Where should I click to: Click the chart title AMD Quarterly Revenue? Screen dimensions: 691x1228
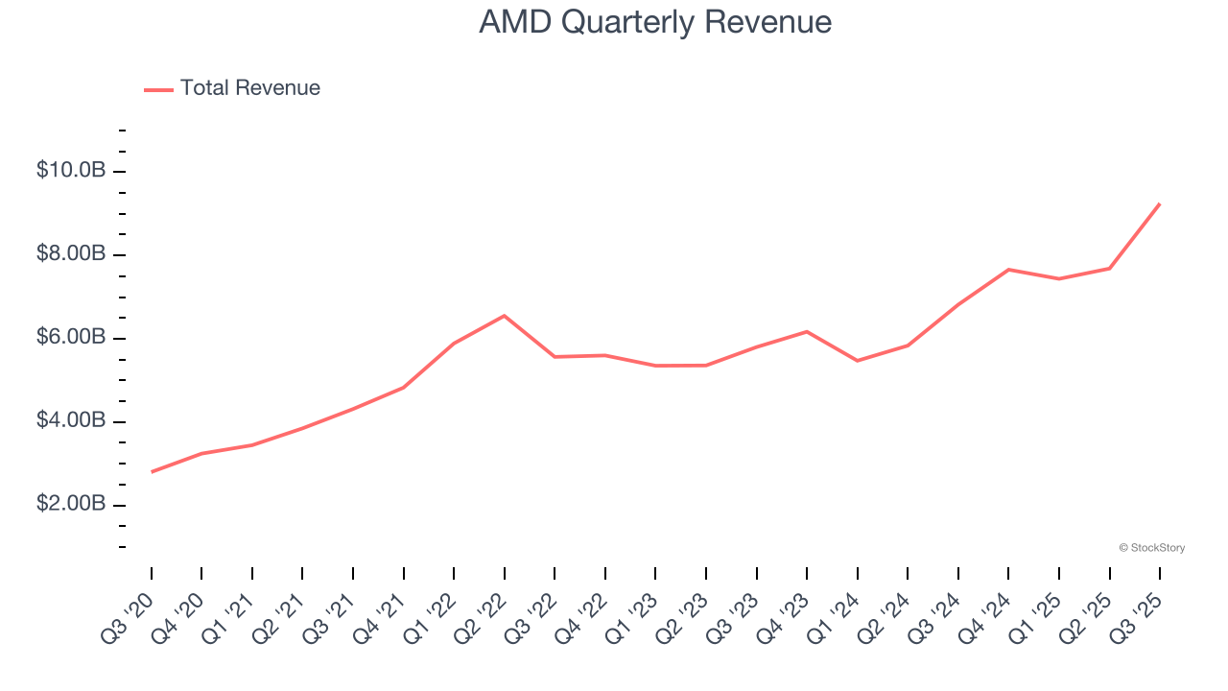coord(655,22)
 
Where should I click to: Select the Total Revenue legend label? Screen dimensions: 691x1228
coord(249,88)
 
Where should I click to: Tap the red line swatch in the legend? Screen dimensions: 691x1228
coord(158,89)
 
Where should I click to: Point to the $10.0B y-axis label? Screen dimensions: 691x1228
coord(71,171)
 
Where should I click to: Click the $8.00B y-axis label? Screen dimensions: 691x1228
coord(71,254)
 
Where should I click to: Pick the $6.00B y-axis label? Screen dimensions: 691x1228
coord(71,338)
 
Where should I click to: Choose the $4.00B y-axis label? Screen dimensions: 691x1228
coord(71,421)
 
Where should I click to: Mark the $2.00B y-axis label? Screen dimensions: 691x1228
coord(71,505)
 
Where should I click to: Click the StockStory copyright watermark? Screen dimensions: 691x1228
coord(1151,548)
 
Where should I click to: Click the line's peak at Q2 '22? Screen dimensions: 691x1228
coord(505,316)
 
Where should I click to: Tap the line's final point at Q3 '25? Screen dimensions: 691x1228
coord(1160,203)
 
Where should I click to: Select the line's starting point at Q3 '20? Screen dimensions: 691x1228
coord(152,472)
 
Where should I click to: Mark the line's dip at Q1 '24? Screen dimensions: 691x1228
coord(857,361)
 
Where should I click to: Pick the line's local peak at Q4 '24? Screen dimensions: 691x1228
coord(1008,270)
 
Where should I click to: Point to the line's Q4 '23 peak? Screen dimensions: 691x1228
coord(807,332)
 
